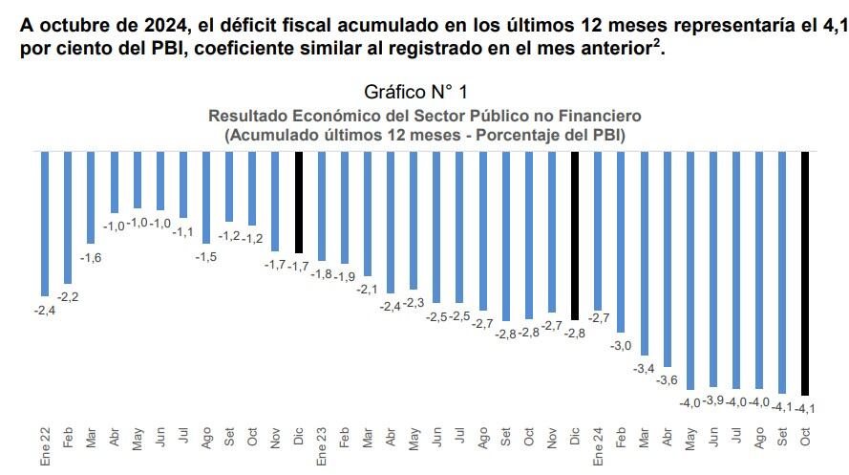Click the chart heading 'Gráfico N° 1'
coord(415,92)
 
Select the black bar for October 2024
coord(805,272)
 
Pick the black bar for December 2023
coord(575,235)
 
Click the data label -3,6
coord(666,380)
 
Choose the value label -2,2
coord(69,297)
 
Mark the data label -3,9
coord(712,400)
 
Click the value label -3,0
coord(622,345)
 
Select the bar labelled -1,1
coord(183,184)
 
